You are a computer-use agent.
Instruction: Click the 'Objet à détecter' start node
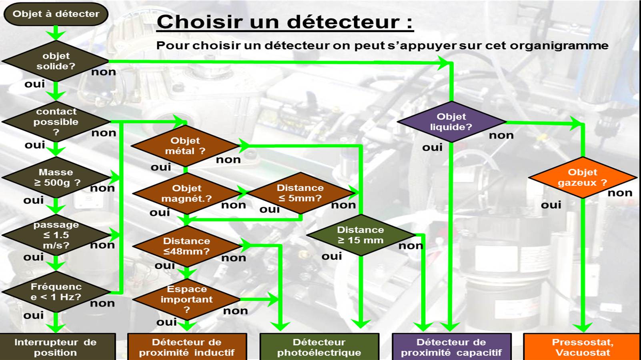point(56,14)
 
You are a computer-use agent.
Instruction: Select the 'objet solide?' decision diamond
point(56,61)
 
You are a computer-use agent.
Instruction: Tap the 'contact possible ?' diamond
point(56,122)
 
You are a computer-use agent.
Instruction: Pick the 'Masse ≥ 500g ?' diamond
point(56,178)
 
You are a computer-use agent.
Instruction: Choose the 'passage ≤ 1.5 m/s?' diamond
point(56,235)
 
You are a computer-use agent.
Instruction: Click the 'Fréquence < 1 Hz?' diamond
point(56,292)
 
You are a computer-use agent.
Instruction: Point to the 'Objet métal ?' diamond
point(185,146)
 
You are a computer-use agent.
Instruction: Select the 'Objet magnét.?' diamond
point(186,194)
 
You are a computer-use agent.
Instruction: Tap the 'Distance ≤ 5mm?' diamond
point(300,193)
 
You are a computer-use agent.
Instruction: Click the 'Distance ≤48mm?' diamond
point(186,246)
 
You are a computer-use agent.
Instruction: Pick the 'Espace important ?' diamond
point(186,299)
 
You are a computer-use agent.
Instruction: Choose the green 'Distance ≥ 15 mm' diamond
point(361,235)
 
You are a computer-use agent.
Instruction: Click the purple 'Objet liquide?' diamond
point(451,122)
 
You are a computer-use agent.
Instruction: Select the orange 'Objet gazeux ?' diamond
point(583,178)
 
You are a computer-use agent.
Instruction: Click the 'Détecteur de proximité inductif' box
point(187,346)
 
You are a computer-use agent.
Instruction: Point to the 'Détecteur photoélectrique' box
point(319,346)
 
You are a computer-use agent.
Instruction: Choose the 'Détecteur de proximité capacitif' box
point(452,346)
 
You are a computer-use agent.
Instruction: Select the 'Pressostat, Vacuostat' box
point(582,346)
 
